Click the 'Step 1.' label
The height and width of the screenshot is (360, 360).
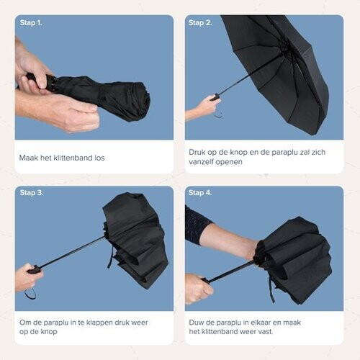[x=31, y=22]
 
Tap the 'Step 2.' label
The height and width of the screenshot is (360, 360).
[x=201, y=22]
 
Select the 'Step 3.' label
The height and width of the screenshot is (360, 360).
[x=31, y=193]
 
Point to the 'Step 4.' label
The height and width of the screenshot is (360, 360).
[x=201, y=193]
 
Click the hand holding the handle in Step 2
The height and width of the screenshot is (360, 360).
[x=203, y=108]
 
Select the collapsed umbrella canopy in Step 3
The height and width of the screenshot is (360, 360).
[x=137, y=238]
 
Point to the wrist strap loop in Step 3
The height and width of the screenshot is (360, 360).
[x=30, y=293]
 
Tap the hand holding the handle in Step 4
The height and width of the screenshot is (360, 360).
[x=197, y=288]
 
